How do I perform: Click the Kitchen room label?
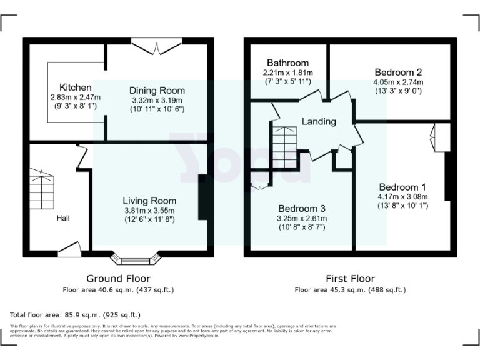click(x=76, y=87)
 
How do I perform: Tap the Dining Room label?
click(x=157, y=90)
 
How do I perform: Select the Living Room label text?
click(x=149, y=201)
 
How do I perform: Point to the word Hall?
click(x=63, y=218)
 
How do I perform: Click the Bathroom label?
click(x=287, y=63)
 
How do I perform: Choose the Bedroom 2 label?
click(x=398, y=72)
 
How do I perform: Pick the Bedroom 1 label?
click(x=402, y=187)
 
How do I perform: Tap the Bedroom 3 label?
click(x=302, y=208)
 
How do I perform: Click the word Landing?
click(x=319, y=121)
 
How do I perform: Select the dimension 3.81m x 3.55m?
click(x=149, y=211)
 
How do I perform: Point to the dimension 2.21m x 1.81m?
click(x=287, y=72)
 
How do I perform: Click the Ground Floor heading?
click(x=118, y=279)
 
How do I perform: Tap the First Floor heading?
click(x=350, y=279)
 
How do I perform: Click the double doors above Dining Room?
click(x=154, y=46)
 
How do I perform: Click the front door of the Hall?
click(x=70, y=249)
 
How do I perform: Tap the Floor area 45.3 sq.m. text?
click(x=350, y=289)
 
